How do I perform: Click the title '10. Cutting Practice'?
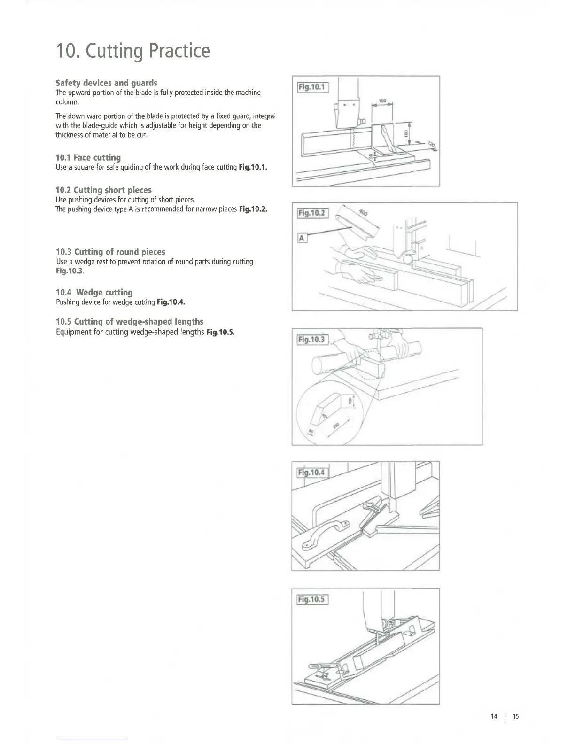132,51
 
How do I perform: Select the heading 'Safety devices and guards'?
106,83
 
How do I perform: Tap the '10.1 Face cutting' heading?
88,157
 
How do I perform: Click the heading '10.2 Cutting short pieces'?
103,190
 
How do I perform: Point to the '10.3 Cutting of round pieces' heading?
110,252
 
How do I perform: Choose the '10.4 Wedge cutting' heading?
94,292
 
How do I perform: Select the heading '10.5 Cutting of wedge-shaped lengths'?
129,321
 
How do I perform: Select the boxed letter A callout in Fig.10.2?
302,238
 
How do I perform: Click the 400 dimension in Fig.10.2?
364,212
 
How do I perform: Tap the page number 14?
493,716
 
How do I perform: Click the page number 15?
515,716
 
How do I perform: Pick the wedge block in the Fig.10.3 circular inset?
332,401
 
